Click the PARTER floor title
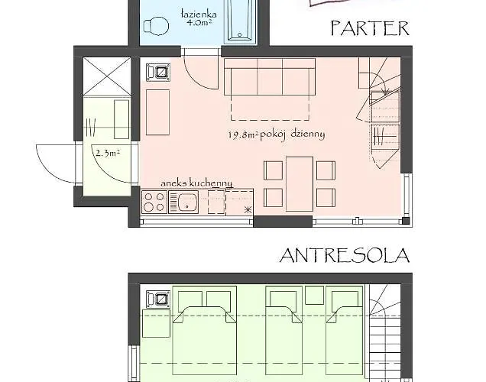pos(370,28)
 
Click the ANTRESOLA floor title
pos(345,255)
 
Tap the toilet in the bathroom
pos(156,25)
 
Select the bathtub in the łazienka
pos(241,21)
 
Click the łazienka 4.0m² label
pos(199,18)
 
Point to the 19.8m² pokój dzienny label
pos(277,134)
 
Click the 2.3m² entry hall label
pos(108,153)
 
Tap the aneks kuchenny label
pos(196,183)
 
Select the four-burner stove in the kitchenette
pos(154,202)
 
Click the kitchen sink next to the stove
pos(183,202)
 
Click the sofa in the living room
pos(270,77)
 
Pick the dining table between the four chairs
pos(300,184)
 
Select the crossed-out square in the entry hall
pos(107,76)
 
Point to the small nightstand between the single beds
pos(315,295)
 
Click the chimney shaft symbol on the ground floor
pos(158,73)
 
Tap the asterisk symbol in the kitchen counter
pos(248,210)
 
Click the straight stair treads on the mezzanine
pos(385,347)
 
